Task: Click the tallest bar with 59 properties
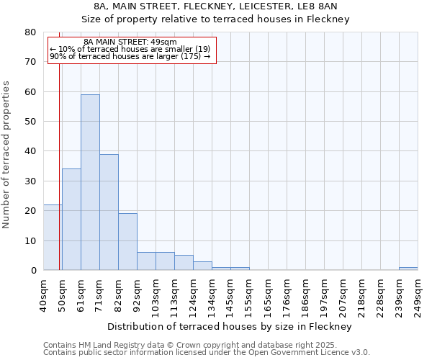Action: click(90, 182)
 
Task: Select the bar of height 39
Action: click(109, 212)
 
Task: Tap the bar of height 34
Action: click(71, 219)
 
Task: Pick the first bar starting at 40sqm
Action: click(53, 237)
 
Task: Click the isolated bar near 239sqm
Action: click(408, 269)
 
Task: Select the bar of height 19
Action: click(127, 241)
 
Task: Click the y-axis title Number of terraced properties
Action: click(6, 154)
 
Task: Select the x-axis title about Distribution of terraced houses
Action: click(229, 326)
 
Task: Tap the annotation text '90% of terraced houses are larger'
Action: click(130, 56)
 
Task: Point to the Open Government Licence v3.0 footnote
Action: click(207, 352)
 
